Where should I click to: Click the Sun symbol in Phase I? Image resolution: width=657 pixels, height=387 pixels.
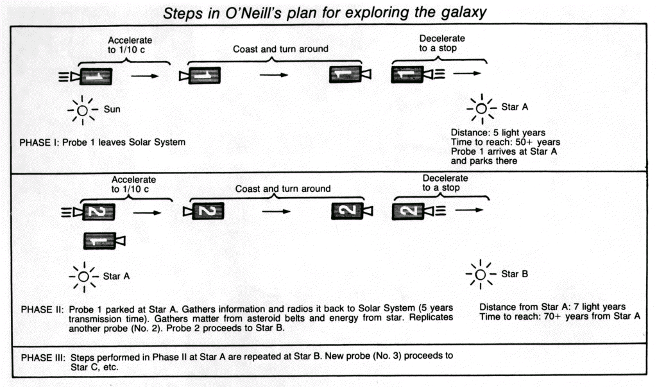point(83,110)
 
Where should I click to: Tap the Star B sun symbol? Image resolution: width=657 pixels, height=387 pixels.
point(480,275)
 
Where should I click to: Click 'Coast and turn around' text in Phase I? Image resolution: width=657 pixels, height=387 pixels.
point(280,49)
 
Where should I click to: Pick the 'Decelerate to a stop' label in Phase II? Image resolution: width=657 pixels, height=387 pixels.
point(445,183)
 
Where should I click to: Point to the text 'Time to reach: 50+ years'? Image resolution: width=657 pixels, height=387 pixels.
point(506,142)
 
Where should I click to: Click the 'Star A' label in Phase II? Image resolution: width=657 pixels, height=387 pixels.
point(116,277)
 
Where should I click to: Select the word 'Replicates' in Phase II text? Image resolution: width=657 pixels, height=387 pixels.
point(431,318)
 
